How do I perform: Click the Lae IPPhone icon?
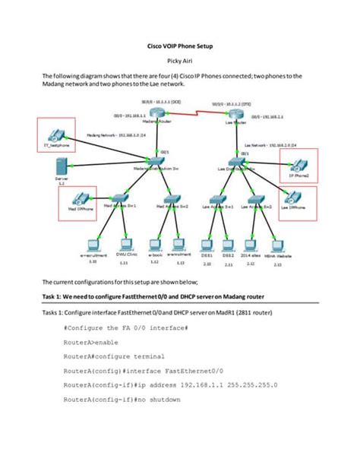301,201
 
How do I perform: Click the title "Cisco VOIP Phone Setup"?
179,46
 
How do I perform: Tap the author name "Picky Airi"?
179,61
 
